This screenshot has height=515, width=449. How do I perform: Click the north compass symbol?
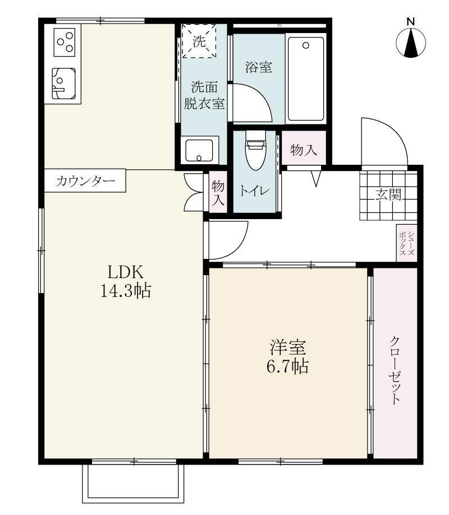411,43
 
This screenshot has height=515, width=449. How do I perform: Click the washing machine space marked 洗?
200,41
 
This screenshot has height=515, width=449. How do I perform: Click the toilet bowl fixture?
255,153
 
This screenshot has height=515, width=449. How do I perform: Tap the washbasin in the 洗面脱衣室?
199,150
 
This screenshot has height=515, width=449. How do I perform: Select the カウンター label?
85,181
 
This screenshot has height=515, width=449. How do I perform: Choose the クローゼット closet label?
395,370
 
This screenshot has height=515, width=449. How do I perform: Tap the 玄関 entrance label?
388,196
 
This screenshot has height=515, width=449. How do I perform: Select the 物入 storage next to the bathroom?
303,150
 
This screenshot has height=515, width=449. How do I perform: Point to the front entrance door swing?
382,140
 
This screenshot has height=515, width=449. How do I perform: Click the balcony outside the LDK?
134,482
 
